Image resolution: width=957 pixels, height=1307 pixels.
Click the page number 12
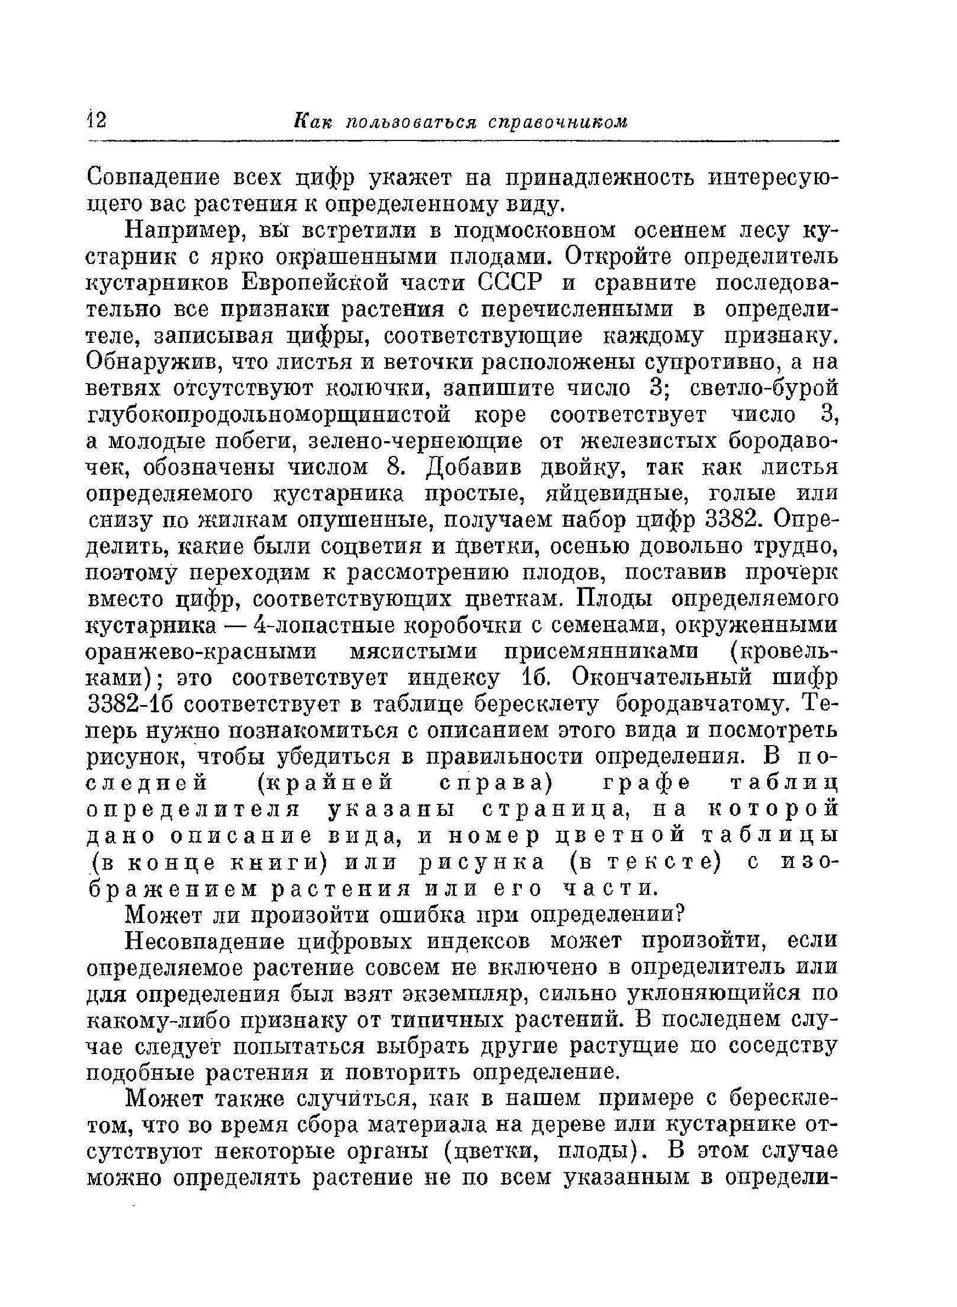96,121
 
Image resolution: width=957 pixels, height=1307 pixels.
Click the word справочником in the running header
558,121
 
